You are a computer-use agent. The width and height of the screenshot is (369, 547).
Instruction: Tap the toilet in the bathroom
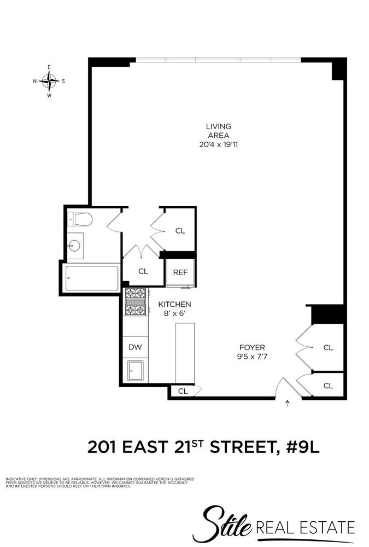(82, 220)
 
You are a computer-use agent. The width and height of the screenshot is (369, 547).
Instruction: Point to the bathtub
(92, 278)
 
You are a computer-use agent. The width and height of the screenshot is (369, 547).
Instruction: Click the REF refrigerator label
(180, 272)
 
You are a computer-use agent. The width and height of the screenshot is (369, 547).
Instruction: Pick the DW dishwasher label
(135, 347)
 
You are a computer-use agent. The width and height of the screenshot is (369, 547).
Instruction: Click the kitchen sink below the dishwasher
(135, 371)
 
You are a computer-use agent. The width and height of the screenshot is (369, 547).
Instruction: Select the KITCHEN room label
(174, 304)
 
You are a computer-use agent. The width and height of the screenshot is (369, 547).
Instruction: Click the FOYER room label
(252, 347)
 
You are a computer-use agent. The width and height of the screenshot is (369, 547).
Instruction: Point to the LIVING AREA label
(218, 131)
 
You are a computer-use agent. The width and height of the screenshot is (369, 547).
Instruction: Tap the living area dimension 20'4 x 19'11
(218, 145)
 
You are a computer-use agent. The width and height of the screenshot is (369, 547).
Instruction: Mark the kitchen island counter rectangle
(185, 352)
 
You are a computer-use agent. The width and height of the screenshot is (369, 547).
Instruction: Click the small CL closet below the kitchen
(183, 391)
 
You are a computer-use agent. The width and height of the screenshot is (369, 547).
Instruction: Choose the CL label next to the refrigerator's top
(180, 231)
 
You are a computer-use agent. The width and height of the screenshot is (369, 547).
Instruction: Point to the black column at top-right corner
(339, 69)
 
